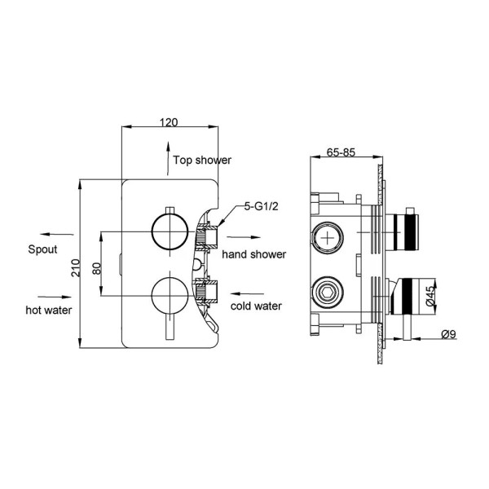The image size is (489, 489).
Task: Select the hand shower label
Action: (255, 254)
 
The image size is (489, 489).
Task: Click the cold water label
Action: (256, 306)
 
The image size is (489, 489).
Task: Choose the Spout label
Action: (42, 249)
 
